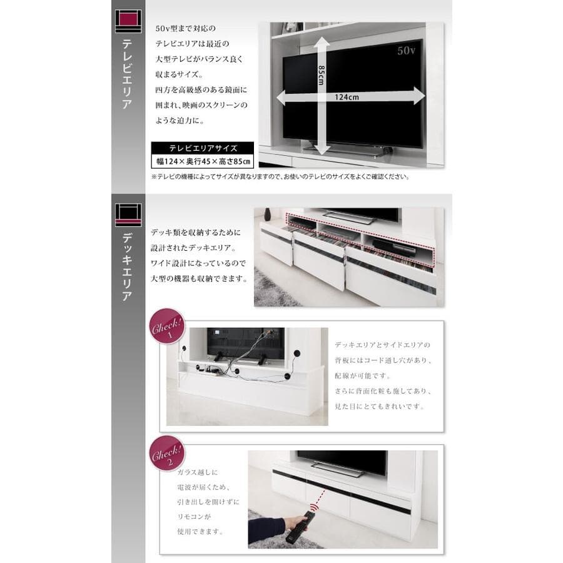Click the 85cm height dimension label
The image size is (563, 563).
[x=321, y=78]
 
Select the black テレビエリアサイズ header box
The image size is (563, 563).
[x=203, y=148]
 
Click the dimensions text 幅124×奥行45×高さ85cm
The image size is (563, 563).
[x=203, y=162]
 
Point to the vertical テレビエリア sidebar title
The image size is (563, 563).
[x=128, y=73]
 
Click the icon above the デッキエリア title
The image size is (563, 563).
[x=128, y=215]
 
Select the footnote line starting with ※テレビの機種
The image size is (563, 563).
[x=280, y=177]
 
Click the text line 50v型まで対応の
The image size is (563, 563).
[x=185, y=29]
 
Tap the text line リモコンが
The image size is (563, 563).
[x=194, y=518]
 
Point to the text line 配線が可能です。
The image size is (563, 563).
[x=362, y=376]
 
